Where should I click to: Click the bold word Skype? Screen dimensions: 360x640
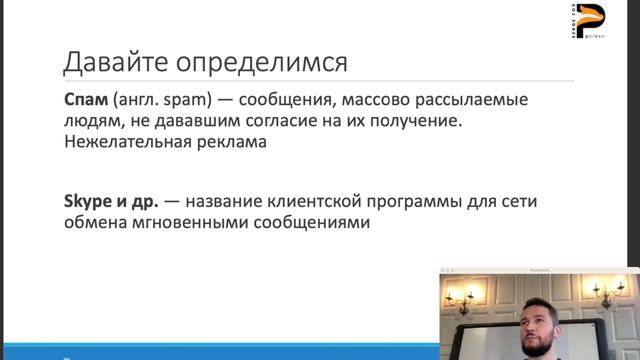pos(87,202)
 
